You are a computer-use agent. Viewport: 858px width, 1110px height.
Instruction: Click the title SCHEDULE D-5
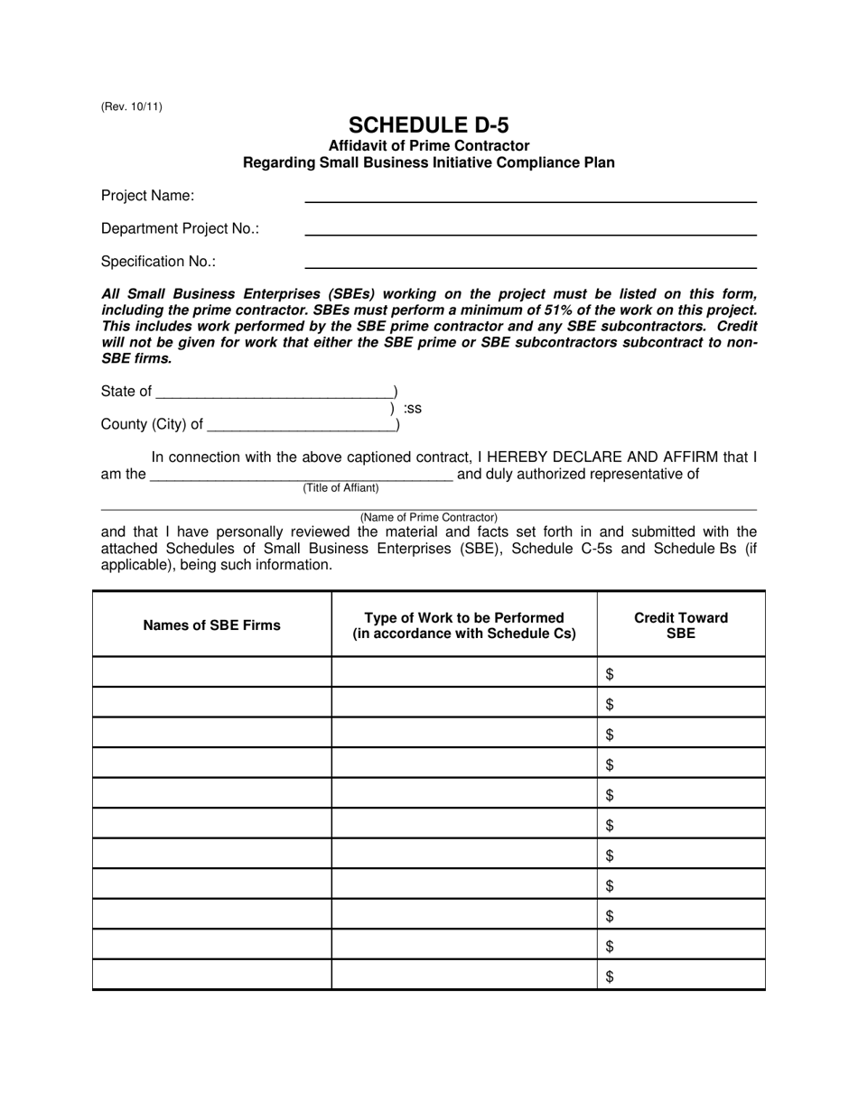coord(428,125)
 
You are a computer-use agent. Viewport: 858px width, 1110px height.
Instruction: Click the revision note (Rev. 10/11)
coord(132,106)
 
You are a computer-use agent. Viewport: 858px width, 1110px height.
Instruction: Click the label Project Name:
coord(147,196)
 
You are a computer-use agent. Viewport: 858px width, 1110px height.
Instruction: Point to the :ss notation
coord(413,409)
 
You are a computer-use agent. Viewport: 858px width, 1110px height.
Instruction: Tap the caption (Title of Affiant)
coord(340,488)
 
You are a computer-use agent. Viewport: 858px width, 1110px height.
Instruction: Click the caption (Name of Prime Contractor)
coord(428,517)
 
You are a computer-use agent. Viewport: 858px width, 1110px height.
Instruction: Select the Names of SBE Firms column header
coord(211,624)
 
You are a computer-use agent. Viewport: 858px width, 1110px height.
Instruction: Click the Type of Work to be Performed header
coord(463,624)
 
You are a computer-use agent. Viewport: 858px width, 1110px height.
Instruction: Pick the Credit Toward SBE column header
coord(680,624)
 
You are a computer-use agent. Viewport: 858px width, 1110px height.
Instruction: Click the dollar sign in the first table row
coord(610,673)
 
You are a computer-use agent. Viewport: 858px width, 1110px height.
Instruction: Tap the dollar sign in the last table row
coord(610,976)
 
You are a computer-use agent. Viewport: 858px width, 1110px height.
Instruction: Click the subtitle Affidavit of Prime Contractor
coord(428,145)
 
